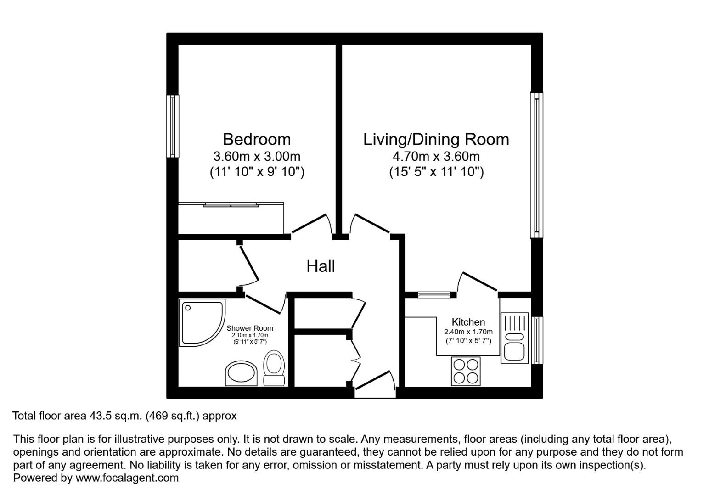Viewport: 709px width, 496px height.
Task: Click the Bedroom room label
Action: point(257,139)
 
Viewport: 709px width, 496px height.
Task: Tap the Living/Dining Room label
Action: point(436,140)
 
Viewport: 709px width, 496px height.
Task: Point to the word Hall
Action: point(321,266)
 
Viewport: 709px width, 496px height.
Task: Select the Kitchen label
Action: point(468,322)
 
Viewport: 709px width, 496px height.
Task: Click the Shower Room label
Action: point(250,328)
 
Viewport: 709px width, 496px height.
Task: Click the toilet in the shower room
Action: point(274,368)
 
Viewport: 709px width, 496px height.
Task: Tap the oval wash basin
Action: point(241,374)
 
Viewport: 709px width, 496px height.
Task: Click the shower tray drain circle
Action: point(188,308)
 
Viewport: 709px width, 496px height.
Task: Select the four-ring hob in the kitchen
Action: point(466,371)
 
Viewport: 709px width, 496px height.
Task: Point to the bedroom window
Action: point(173,126)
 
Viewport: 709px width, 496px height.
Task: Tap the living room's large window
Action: point(536,165)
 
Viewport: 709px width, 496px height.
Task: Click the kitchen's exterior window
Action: point(537,340)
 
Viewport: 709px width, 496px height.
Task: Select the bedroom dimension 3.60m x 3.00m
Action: point(257,156)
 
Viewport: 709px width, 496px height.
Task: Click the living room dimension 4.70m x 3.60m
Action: point(436,156)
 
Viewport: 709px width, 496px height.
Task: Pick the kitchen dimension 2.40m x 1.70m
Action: point(468,332)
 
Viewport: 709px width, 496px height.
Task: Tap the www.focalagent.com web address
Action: point(127,478)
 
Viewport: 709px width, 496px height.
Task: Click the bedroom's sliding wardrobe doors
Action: point(231,205)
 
